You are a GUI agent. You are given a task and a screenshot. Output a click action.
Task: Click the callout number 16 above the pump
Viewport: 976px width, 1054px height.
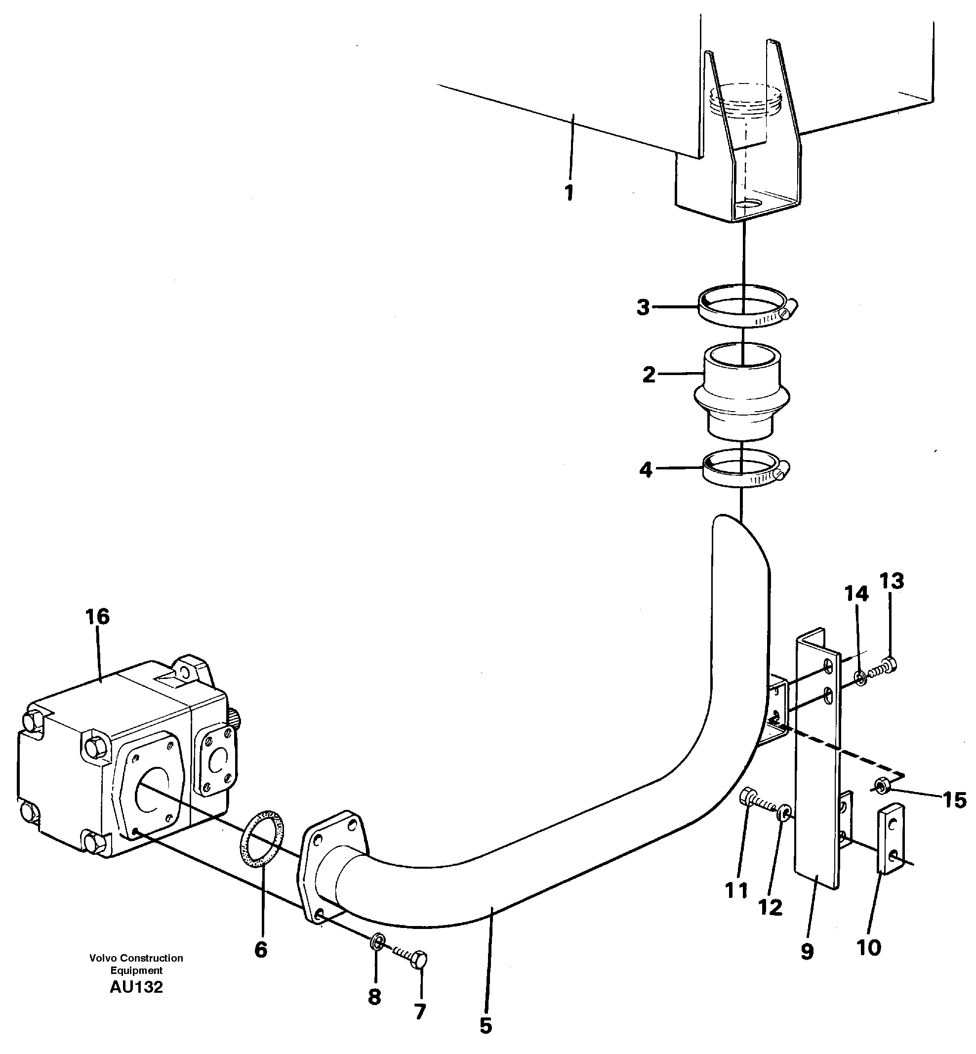[98, 617]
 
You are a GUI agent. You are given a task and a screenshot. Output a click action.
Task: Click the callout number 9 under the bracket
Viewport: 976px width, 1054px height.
[807, 952]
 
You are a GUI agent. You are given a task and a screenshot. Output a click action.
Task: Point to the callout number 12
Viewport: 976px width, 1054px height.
[771, 908]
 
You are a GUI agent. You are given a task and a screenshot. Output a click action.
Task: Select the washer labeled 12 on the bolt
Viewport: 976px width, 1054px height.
[784, 812]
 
